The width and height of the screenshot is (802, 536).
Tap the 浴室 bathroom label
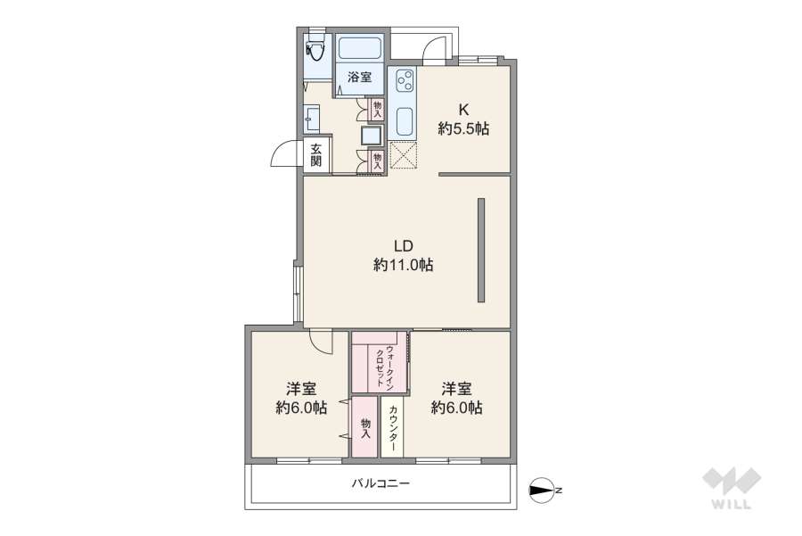pos(359,78)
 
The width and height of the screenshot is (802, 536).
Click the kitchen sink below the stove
pos(403,120)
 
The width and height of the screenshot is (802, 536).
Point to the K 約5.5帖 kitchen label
pos(462,120)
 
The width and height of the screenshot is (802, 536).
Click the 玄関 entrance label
pos(317,156)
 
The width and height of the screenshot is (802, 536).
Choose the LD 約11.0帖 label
pos(403,255)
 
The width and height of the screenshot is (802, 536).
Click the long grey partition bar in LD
pos(480,250)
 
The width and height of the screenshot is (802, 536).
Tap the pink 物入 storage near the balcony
pos(365,427)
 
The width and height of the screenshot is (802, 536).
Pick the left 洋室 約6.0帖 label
pos(300,399)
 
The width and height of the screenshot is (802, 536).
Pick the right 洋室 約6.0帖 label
pos(456,399)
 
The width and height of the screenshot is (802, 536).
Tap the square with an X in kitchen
pos(403,155)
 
